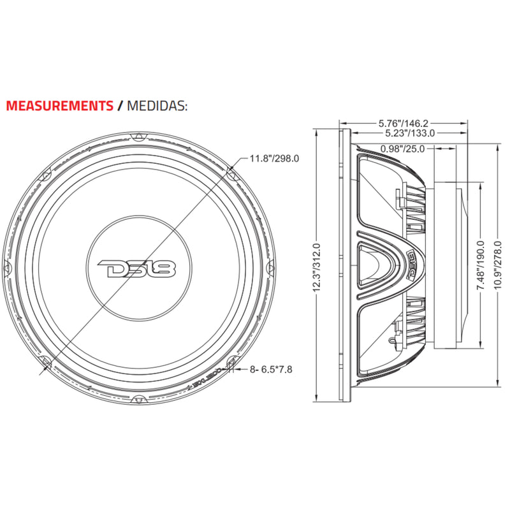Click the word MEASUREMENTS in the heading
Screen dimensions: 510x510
click(60, 105)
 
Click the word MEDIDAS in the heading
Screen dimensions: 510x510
click(157, 105)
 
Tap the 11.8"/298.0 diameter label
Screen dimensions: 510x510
click(274, 158)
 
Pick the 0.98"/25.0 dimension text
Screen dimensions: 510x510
click(403, 149)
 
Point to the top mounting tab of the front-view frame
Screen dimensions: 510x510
click(137, 136)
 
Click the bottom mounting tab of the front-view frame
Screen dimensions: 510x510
click(137, 400)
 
